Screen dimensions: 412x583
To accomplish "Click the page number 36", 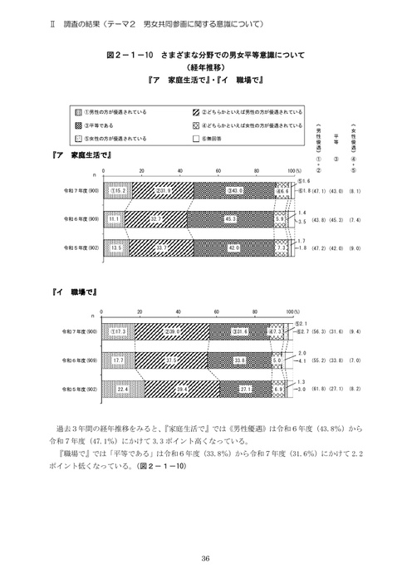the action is pyautogui.click(x=205, y=558).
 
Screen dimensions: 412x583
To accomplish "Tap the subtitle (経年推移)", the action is pyautogui.click(x=205, y=68).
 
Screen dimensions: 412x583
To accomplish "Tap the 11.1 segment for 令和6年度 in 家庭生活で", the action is pyautogui.click(x=112, y=219).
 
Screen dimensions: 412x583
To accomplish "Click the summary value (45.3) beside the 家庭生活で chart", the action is pyautogui.click(x=338, y=219).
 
